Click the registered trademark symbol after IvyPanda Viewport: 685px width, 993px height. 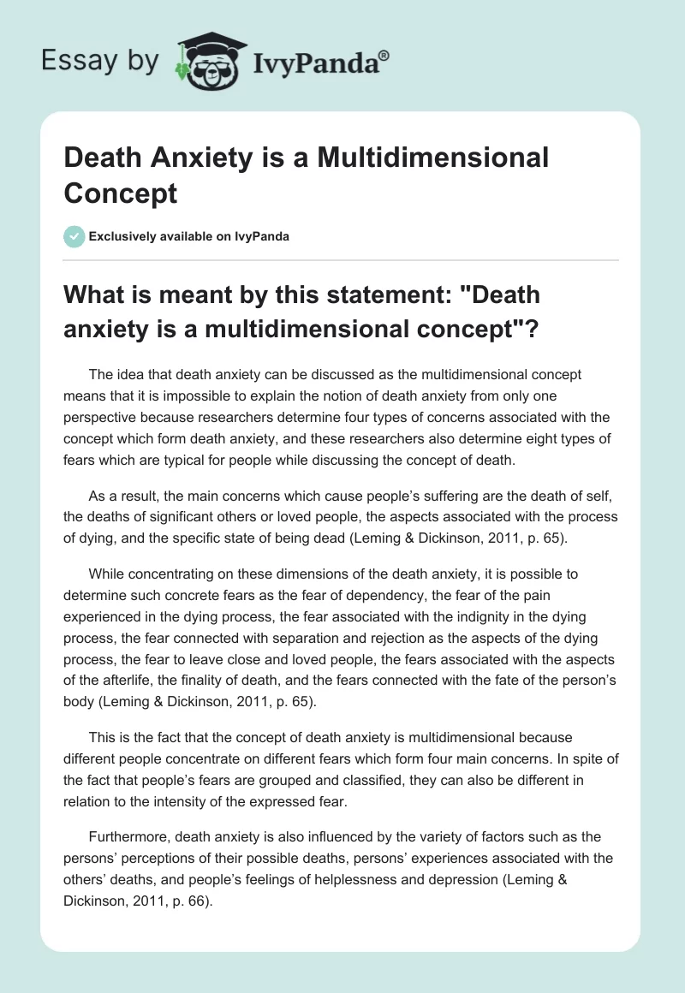[x=384, y=54]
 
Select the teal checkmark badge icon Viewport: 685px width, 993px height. [x=74, y=235]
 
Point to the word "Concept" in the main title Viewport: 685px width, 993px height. [x=121, y=193]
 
